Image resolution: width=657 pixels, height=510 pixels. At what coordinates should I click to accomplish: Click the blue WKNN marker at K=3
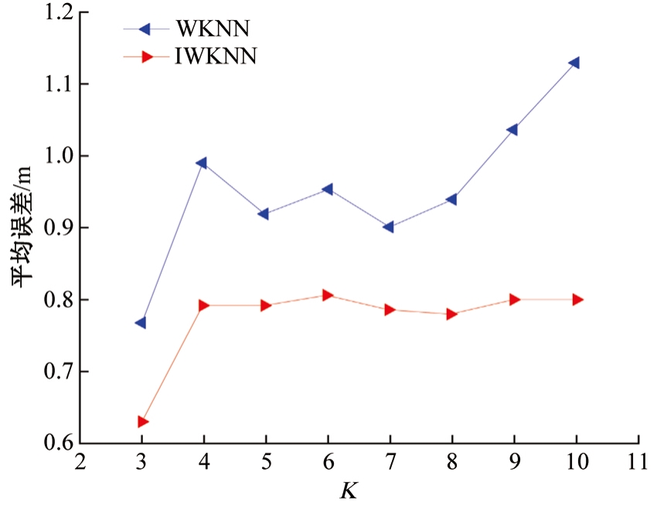[x=141, y=322]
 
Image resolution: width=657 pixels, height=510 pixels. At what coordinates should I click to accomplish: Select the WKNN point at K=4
[x=203, y=163]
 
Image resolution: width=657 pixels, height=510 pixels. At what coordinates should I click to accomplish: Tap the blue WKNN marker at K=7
[x=388, y=227]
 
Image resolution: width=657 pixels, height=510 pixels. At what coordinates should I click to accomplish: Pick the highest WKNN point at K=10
[x=574, y=63]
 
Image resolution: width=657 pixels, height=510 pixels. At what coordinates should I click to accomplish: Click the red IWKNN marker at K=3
[x=143, y=422]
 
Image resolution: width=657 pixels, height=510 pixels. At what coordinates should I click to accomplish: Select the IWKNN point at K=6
[x=328, y=295]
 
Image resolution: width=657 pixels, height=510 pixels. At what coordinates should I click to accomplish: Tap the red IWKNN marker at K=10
[x=577, y=299]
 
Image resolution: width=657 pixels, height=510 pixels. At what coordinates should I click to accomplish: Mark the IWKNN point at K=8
[x=452, y=314]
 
